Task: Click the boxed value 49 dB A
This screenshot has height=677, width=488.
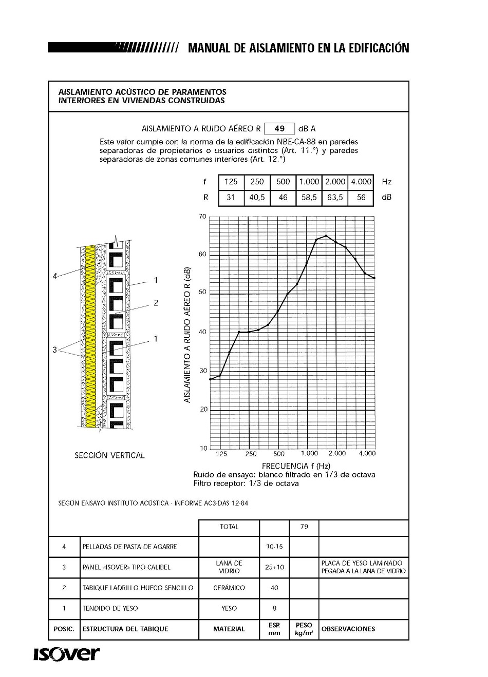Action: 279,128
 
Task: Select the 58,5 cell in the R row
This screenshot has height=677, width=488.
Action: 309,197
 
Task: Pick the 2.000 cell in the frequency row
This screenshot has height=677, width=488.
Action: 335,182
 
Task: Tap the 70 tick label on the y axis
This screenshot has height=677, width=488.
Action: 202,217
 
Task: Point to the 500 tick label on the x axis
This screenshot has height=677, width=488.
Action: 278,454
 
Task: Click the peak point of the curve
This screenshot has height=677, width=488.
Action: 326,236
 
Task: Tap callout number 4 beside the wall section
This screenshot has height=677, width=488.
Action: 55,276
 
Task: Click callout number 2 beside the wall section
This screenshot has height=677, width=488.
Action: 156,303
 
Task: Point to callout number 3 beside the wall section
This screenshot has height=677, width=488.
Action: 55,350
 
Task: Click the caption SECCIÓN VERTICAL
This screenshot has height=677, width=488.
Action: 109,455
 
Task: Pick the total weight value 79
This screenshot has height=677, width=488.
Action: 304,527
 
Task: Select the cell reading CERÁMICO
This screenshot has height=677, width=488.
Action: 229,588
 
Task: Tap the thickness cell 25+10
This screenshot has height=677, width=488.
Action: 274,567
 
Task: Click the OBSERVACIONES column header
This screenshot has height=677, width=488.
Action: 348,629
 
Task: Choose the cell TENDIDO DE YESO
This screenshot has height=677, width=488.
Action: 110,608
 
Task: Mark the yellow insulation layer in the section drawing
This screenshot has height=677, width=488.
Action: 90,334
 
